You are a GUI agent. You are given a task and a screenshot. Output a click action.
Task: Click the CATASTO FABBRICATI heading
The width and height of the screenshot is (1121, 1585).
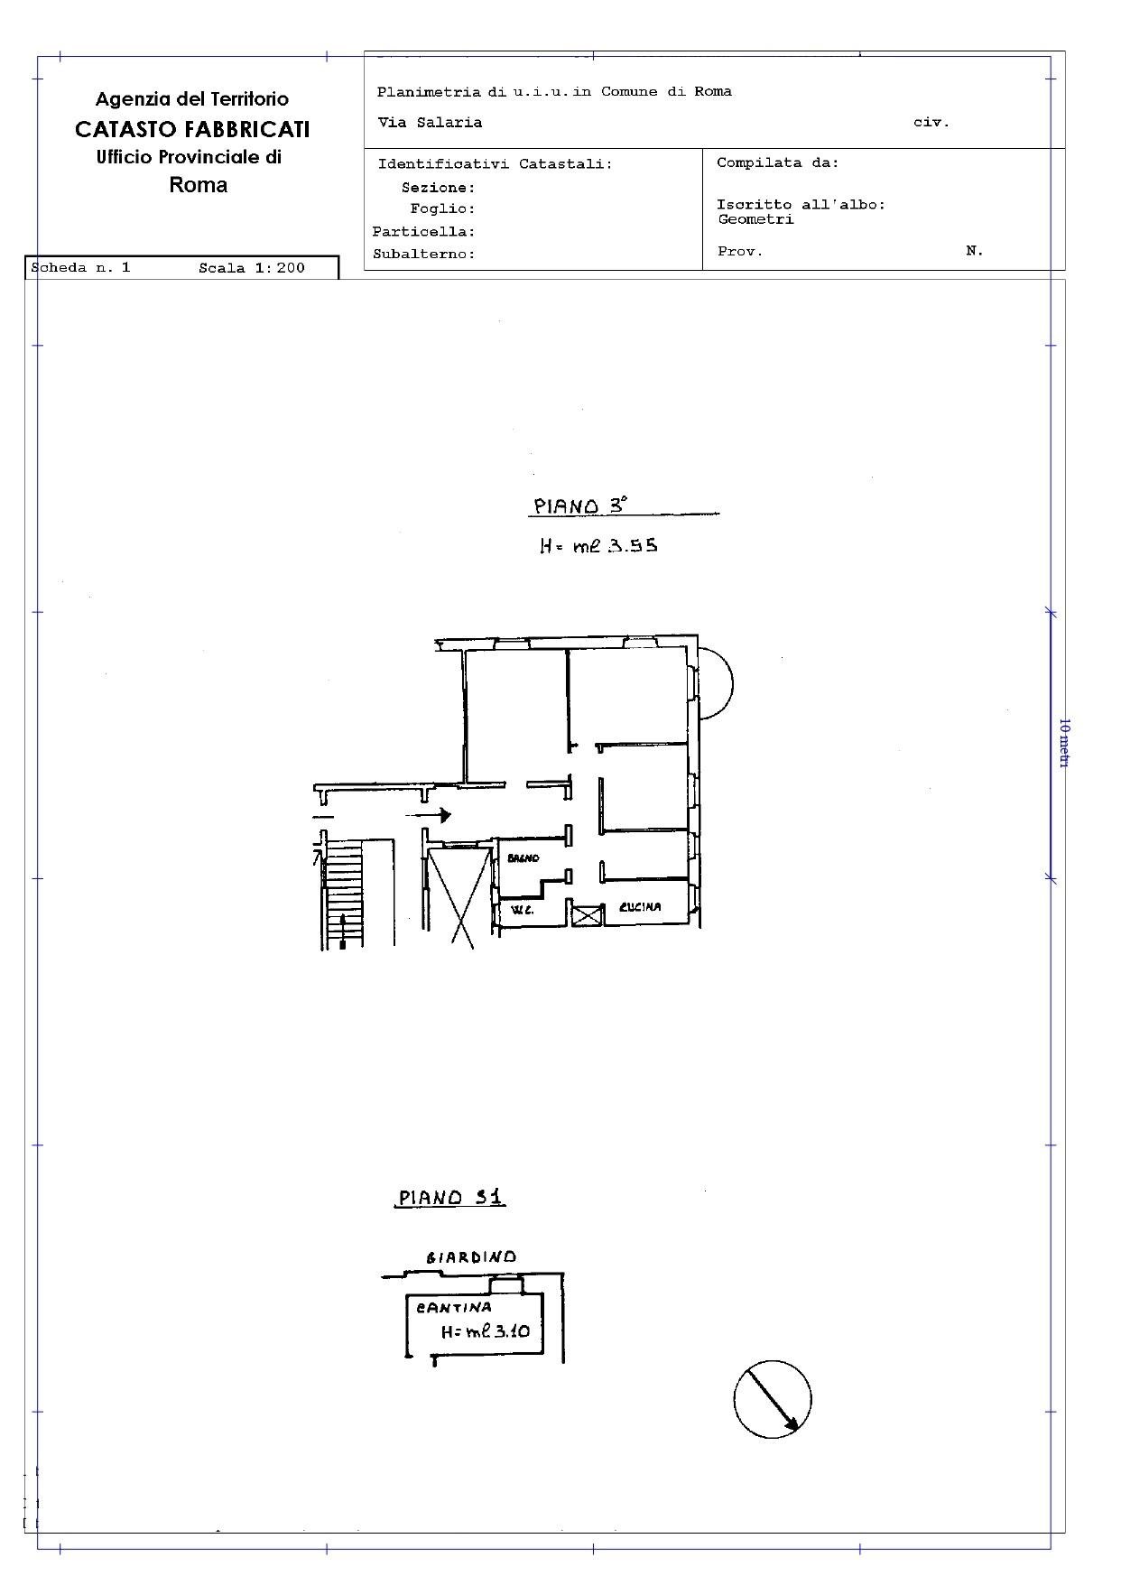192,129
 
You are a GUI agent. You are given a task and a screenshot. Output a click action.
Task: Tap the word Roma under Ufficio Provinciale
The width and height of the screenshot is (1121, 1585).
199,185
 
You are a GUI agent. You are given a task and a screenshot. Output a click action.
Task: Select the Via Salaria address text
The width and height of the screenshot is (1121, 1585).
430,123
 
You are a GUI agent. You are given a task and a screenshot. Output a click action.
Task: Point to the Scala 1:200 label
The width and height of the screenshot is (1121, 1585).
252,268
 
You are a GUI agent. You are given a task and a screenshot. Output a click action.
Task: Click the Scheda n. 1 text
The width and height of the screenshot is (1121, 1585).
81,268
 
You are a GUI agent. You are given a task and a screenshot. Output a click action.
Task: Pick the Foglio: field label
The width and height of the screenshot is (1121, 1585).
442,209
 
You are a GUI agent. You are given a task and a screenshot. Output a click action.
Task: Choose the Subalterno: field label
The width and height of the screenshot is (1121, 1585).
424,255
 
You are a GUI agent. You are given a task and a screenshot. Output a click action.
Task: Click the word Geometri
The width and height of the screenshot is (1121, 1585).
755,219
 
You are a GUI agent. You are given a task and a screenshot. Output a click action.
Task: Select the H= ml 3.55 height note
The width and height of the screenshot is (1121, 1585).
598,545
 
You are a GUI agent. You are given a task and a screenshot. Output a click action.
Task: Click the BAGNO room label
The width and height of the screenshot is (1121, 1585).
523,858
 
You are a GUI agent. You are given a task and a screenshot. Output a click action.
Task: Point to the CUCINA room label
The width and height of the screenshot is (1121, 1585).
640,907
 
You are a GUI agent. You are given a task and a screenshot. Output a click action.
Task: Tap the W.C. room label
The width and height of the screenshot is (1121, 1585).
523,910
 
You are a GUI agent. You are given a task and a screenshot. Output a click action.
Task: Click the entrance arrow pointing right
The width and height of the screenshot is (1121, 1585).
428,816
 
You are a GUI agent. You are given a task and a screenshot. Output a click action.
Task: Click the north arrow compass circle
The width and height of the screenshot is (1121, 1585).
772,1398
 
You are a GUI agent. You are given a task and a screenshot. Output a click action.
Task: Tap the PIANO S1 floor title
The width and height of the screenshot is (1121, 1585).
451,1198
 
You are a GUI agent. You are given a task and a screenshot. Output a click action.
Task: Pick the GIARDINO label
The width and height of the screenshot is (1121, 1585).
471,1257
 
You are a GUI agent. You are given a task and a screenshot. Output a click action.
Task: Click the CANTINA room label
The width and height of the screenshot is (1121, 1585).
454,1307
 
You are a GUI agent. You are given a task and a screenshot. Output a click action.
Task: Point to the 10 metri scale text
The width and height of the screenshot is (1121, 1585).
1064,743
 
